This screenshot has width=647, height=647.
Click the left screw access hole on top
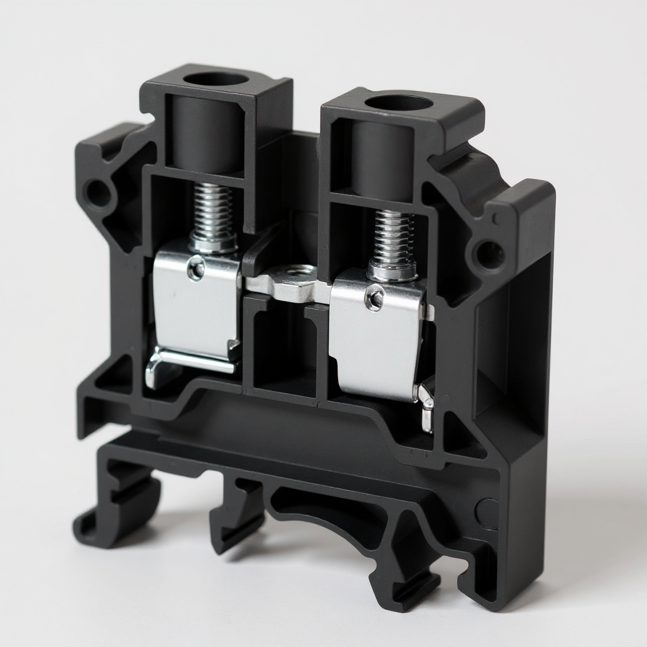(216, 80)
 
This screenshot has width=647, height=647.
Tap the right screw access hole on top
(398, 104)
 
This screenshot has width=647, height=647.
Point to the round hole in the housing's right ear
(490, 253)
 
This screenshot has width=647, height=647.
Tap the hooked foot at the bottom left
(107, 518)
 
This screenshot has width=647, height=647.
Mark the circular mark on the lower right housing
(488, 509)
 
